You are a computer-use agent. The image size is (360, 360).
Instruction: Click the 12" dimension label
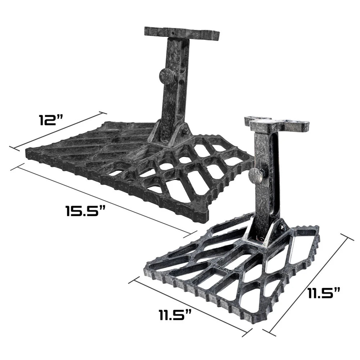pos(51,120)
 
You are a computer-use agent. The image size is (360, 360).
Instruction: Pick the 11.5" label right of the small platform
pos(323,293)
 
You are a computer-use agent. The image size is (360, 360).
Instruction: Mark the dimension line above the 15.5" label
pos(104,197)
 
